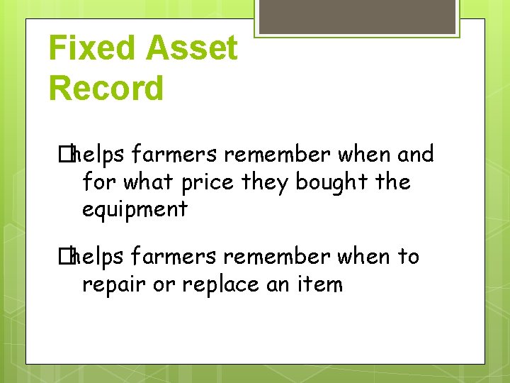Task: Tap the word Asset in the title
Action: (x=192, y=48)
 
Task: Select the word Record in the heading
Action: (x=106, y=89)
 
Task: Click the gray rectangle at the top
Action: (x=356, y=16)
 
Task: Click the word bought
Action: (x=331, y=182)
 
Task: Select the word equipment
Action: (x=135, y=210)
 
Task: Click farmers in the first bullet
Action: (x=172, y=155)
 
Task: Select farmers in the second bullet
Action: (x=172, y=256)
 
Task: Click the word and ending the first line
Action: (x=415, y=155)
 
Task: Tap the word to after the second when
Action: (x=408, y=256)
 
